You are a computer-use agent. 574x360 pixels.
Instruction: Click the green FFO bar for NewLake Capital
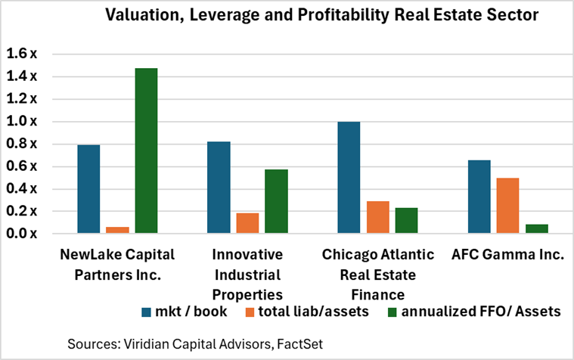click(x=146, y=151)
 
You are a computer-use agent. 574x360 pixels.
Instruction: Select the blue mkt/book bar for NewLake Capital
click(x=88, y=189)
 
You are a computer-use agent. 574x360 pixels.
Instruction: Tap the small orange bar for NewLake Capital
click(x=117, y=229)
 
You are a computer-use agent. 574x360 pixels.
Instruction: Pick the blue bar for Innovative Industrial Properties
click(x=219, y=188)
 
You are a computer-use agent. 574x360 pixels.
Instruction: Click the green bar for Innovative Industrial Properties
click(x=276, y=201)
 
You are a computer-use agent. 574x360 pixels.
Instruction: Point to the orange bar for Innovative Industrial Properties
click(x=247, y=223)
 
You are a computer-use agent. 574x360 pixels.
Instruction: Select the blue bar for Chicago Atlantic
click(x=349, y=177)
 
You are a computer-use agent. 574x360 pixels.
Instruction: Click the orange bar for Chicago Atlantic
click(x=377, y=217)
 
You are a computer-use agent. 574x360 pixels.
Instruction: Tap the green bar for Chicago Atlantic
click(x=406, y=220)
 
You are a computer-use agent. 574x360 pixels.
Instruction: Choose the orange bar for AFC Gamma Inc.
click(x=507, y=205)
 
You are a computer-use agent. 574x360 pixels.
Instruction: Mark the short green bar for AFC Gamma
click(x=536, y=228)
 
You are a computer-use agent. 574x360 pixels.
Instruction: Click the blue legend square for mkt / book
click(x=147, y=312)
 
